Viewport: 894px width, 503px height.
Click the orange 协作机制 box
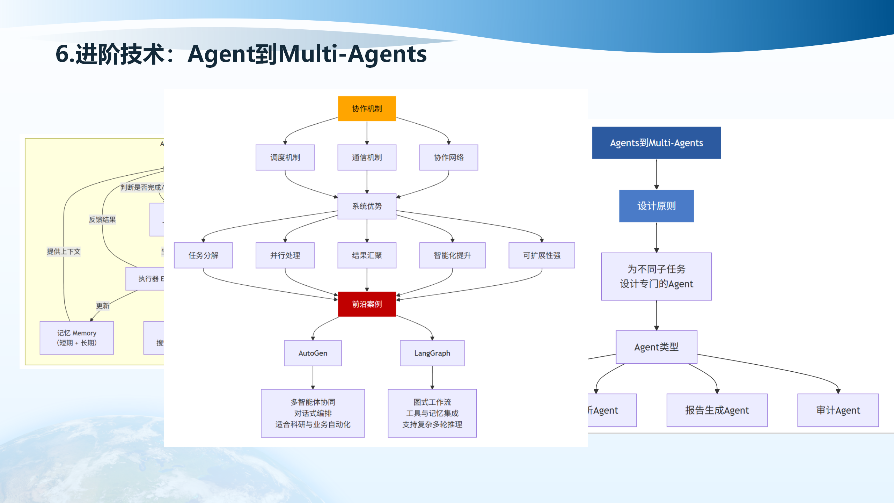click(x=367, y=109)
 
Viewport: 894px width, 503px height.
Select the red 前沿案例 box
click(x=367, y=304)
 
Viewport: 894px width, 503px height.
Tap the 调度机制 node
click(x=285, y=158)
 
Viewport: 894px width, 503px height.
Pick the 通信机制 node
click(x=367, y=158)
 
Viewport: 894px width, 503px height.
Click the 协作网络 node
click(x=448, y=158)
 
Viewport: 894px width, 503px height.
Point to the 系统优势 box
click(x=367, y=206)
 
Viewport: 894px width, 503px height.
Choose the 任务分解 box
click(x=203, y=255)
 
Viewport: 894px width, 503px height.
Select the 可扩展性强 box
click(x=542, y=255)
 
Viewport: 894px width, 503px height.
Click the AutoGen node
click(x=313, y=353)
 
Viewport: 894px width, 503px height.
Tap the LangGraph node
click(x=432, y=353)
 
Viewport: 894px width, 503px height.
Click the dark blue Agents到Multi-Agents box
click(x=656, y=143)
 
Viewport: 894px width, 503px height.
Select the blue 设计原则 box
click(x=656, y=206)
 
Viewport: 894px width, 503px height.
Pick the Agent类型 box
click(x=656, y=347)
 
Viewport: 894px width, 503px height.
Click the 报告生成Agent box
click(x=717, y=410)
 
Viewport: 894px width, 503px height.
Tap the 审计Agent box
click(x=838, y=410)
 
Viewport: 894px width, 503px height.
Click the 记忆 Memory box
click(x=76, y=338)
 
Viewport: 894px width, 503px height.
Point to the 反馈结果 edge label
click(x=102, y=220)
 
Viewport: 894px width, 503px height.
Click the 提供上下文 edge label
click(x=64, y=251)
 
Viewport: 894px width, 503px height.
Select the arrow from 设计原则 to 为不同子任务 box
click(x=657, y=238)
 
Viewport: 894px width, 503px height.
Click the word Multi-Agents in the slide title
click(x=352, y=54)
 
